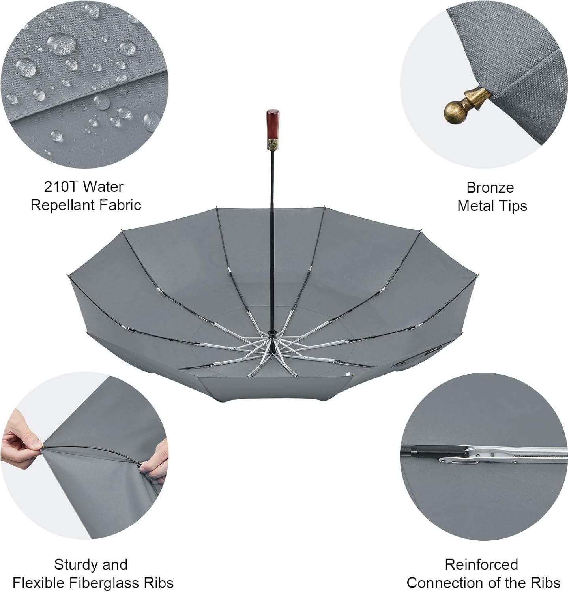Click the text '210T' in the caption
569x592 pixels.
click(61, 186)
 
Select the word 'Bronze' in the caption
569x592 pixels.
click(490, 187)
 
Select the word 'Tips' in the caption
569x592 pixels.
click(513, 206)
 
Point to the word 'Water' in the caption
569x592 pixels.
click(103, 186)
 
